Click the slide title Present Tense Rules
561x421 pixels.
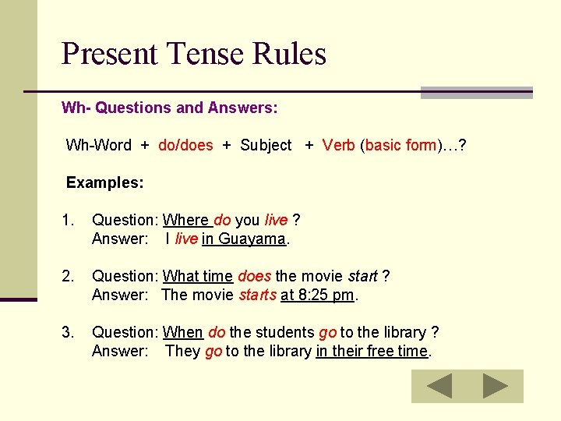(193, 55)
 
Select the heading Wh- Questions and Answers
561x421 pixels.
(169, 108)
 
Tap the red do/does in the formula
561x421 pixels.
(185, 145)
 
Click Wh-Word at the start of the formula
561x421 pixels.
(99, 145)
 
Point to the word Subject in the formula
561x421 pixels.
(266, 145)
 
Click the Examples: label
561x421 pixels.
(104, 182)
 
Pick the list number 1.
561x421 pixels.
(69, 221)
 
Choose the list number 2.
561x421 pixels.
(69, 276)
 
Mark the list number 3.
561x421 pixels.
(69, 332)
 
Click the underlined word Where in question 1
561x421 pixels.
(185, 221)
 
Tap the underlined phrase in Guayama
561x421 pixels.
(244, 239)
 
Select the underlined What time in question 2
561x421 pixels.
(198, 276)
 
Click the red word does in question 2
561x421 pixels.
(254, 276)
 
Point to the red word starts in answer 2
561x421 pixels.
(257, 295)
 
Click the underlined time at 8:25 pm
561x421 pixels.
(318, 295)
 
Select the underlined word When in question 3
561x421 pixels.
(183, 332)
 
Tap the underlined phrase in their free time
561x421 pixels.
(372, 351)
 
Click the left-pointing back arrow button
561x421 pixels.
(439, 386)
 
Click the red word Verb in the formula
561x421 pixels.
(339, 145)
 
